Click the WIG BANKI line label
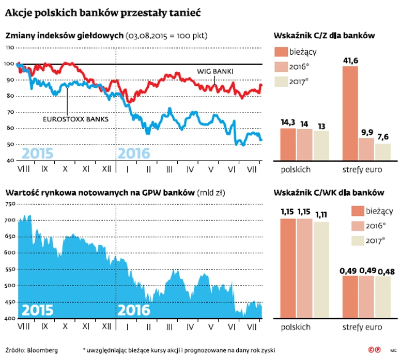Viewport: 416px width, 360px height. [x=215, y=70]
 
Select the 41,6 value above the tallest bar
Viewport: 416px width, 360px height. [x=351, y=60]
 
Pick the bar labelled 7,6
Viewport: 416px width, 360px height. [x=383, y=152]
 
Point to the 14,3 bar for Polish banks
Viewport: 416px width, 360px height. [x=288, y=144]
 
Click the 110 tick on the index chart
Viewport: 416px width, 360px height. [x=9, y=48]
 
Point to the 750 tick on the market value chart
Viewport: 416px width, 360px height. [x=9, y=204]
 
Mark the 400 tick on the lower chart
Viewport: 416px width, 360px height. [x=9, y=319]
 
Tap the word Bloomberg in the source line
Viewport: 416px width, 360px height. [x=43, y=350]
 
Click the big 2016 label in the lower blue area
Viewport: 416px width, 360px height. [x=134, y=310]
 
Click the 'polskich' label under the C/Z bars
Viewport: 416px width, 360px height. [x=296, y=169]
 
